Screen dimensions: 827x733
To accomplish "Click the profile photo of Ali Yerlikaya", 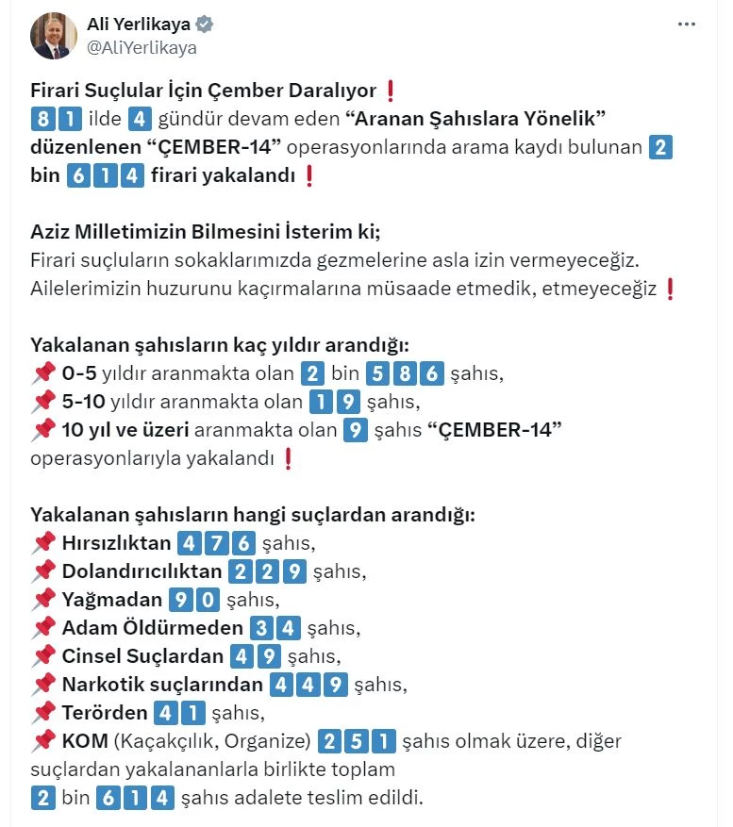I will [x=54, y=35].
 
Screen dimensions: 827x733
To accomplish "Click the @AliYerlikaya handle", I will [x=142, y=47].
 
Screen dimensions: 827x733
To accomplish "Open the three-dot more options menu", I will [x=686, y=25].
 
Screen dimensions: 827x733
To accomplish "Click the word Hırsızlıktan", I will [x=116, y=543].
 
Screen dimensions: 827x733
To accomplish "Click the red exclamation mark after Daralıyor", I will [x=391, y=91].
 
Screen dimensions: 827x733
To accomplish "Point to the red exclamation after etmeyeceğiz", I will [x=671, y=289].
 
